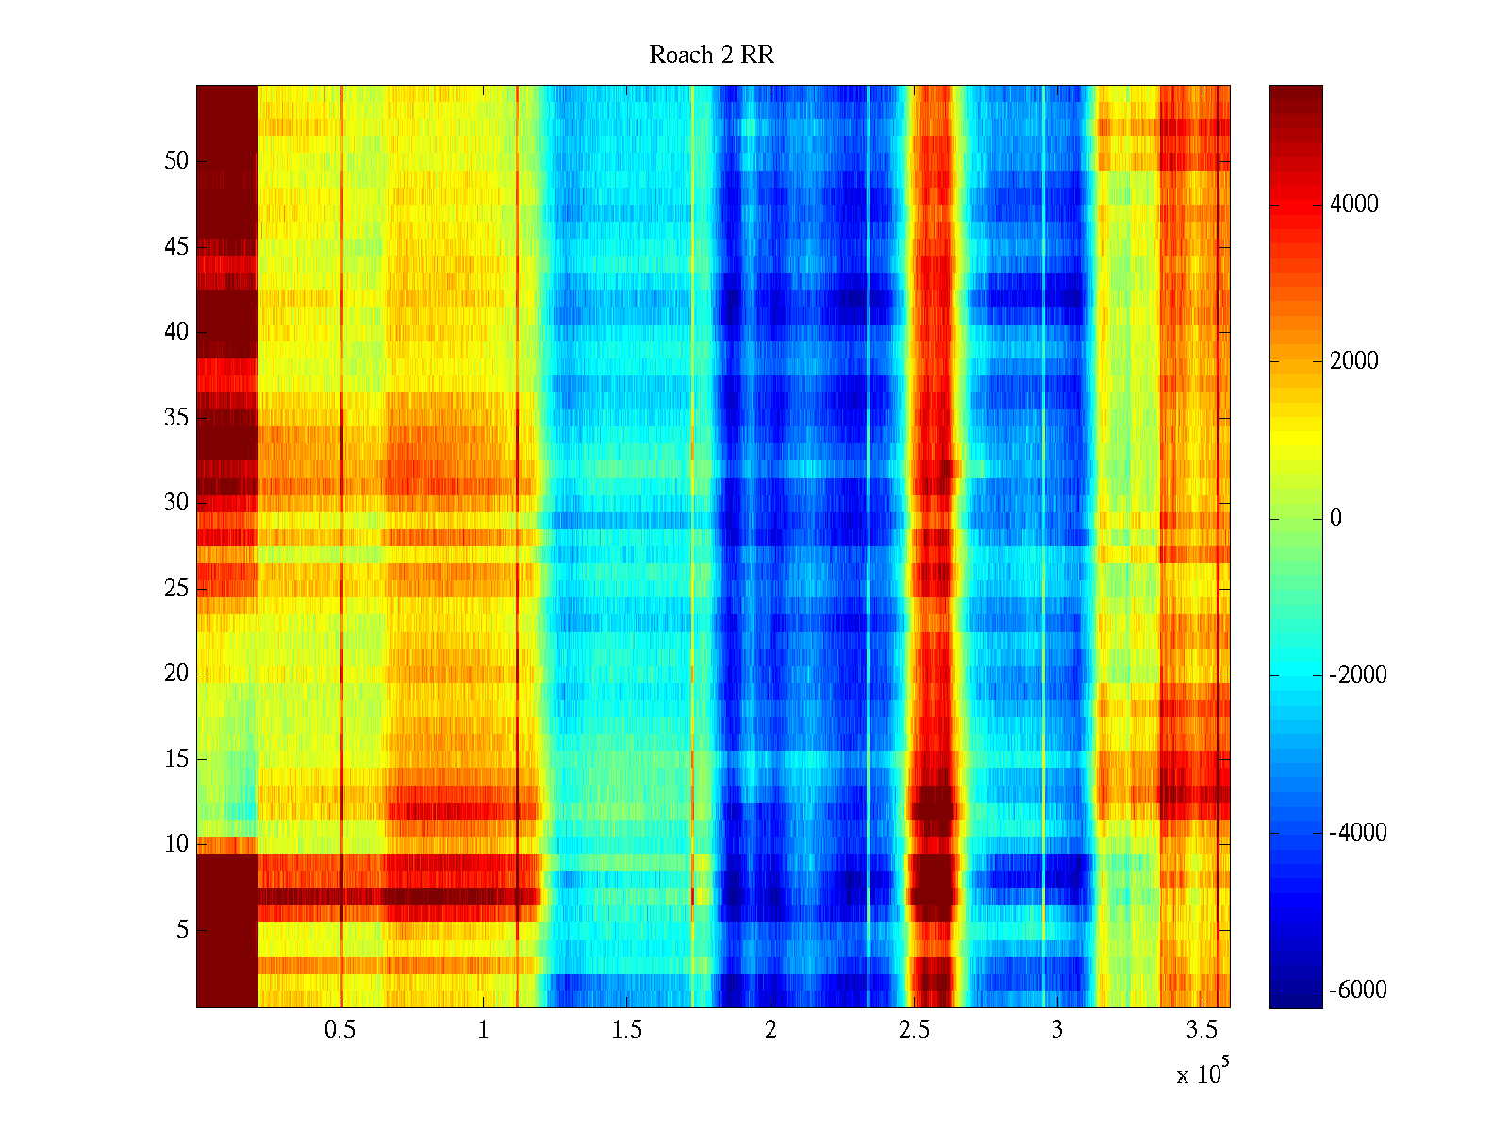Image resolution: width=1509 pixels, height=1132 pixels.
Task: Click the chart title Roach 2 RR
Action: [711, 56]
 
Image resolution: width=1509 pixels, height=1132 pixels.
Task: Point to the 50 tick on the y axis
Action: [176, 161]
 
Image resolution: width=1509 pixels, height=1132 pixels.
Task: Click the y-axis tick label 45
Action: [176, 247]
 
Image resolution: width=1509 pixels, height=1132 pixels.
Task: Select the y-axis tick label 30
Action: [176, 503]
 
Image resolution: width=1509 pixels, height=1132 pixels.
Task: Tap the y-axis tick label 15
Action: [176, 759]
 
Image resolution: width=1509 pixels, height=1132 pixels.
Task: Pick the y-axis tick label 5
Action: [182, 930]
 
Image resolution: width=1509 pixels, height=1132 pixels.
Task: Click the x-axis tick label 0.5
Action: [340, 1030]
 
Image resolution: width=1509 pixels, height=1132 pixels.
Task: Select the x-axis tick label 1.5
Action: [627, 1030]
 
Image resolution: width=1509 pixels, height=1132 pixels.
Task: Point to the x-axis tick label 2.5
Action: [914, 1030]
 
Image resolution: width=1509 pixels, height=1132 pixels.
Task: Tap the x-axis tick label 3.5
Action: [1201, 1030]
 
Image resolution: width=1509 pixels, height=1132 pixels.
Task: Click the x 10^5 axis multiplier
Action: [1202, 1073]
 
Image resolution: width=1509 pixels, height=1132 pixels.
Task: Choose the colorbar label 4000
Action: [1353, 205]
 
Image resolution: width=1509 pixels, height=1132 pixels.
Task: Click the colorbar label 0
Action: [1335, 519]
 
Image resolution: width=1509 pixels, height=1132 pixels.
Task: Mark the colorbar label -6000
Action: [1358, 990]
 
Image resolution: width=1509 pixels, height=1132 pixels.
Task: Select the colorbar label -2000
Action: [1358, 675]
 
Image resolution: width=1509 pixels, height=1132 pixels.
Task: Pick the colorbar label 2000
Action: [1353, 361]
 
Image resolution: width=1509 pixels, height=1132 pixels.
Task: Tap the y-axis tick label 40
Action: [176, 332]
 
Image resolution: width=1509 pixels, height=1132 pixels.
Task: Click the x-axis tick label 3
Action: [1057, 1030]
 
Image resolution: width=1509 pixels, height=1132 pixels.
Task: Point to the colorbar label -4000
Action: [1358, 833]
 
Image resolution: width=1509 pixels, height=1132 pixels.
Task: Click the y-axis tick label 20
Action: [176, 674]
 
